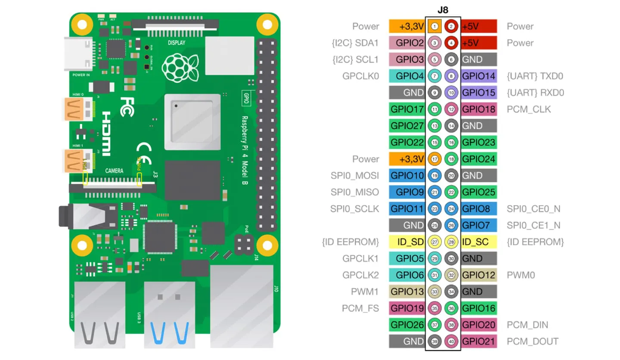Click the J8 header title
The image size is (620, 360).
pos(443,9)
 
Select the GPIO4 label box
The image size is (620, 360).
pos(407,76)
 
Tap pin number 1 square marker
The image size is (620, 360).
pos(435,27)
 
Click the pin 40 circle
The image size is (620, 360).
pos(451,341)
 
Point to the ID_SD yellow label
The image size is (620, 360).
pos(407,242)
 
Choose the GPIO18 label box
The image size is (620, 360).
pos(479,109)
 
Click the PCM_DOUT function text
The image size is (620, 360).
pos(532,341)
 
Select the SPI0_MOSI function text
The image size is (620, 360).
pos(355,176)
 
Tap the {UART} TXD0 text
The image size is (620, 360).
pos(535,76)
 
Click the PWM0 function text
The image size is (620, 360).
pos(520,275)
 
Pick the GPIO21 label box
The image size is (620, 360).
pos(479,341)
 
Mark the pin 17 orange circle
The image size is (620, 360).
pos(435,159)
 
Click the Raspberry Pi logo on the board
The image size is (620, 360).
pos(180,68)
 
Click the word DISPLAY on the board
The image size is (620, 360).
pos(177,43)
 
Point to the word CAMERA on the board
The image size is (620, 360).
pos(114,171)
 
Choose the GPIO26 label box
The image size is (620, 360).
pos(407,325)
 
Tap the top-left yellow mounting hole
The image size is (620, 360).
pos(80,25)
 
